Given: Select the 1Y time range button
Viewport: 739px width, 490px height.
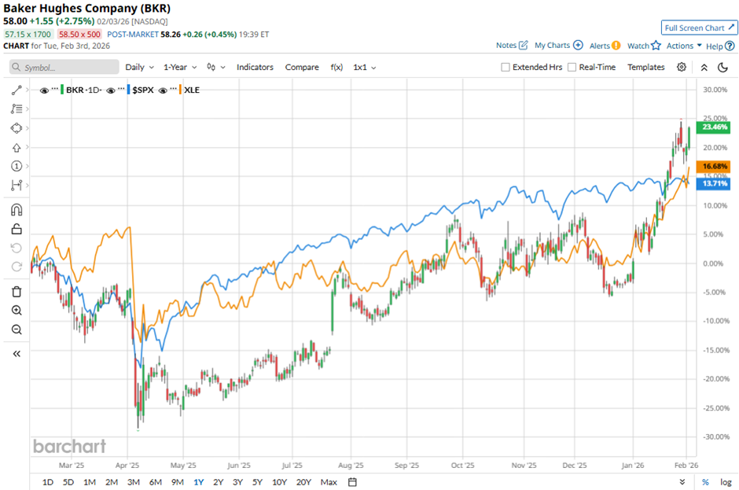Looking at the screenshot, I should coord(199,481).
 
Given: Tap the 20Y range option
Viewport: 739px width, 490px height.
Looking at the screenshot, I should coord(303,481).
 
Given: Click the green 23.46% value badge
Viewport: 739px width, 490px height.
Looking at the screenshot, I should coord(714,127).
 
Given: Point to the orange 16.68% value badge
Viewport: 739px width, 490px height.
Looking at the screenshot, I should coord(714,167).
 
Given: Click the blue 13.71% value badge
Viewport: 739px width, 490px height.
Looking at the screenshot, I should coord(714,184).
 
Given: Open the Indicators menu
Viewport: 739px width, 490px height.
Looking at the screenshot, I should coord(255,68).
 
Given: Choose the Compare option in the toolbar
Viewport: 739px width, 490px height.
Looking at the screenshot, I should coord(302,68).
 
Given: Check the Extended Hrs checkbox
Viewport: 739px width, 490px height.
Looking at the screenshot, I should coord(506,68).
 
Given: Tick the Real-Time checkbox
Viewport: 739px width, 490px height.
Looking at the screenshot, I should coord(572,68).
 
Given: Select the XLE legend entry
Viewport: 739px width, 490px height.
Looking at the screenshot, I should coord(191,90).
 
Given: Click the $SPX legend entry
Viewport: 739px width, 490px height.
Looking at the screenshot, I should coord(142,90).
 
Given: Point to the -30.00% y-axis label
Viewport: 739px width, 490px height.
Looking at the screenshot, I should coord(712,437).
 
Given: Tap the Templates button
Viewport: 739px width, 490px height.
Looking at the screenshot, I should coord(645,68).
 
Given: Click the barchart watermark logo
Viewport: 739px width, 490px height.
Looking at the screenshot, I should coord(69,446).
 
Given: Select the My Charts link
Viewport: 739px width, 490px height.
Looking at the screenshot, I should coord(557,46).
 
